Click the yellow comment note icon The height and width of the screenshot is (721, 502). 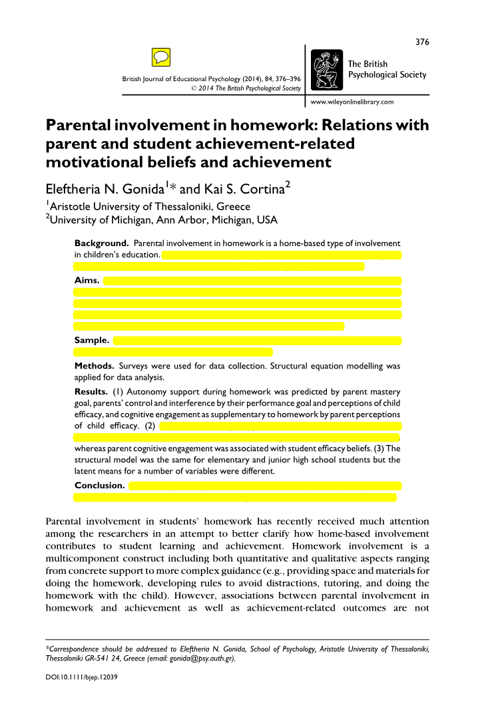pyautogui.click(x=160, y=57)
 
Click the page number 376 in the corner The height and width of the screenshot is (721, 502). pyautogui.click(x=422, y=42)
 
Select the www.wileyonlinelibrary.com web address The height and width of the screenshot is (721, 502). pyautogui.click(x=352, y=102)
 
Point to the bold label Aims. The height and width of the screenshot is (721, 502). pyautogui.click(x=87, y=281)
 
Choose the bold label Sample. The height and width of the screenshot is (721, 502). pyautogui.click(x=92, y=341)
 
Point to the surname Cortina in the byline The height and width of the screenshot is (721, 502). pyautogui.click(x=261, y=189)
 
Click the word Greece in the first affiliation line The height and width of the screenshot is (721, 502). pyautogui.click(x=230, y=207)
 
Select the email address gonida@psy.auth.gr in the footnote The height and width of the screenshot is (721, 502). pyautogui.click(x=200, y=660)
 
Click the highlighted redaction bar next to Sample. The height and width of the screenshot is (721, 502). pyautogui.click(x=257, y=341)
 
